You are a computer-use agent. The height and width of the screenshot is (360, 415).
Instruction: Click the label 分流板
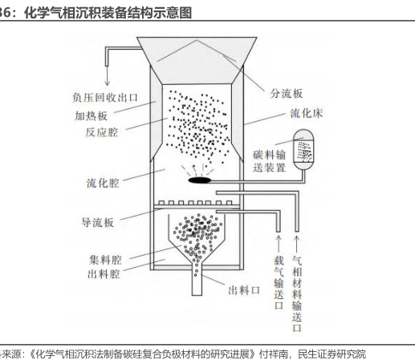tap(286, 94)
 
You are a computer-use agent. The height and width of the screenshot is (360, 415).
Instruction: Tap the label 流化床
tap(307, 113)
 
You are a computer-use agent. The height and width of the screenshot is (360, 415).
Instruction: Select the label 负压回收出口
tap(105, 97)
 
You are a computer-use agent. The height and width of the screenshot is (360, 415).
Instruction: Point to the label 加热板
tap(91, 116)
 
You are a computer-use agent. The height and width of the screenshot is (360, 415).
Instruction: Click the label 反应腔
tap(102, 132)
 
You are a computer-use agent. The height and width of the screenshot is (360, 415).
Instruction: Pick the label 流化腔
tap(103, 183)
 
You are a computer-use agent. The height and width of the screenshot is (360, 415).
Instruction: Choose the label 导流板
tap(98, 222)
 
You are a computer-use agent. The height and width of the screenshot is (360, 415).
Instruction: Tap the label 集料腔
tap(105, 260)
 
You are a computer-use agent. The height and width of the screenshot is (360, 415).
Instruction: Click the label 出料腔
tap(104, 274)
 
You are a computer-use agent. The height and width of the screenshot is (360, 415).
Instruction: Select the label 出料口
tap(244, 290)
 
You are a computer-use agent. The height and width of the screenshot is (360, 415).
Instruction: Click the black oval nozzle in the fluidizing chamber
tap(200, 180)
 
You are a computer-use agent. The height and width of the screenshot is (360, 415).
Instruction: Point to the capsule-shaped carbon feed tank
tap(303, 149)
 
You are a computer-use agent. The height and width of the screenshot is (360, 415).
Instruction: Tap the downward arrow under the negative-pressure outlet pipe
tap(108, 75)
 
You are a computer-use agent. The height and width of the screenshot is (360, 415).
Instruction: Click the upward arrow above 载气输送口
tap(279, 244)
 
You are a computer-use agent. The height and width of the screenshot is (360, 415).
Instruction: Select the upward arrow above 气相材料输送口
tap(297, 244)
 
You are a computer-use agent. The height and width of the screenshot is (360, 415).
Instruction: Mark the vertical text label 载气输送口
tap(279, 282)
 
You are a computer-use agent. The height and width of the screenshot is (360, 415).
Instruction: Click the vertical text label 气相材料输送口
tap(297, 293)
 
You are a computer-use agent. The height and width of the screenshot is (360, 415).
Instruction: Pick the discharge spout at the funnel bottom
tap(197, 279)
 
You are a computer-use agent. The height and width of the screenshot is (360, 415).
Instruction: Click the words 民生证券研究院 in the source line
tap(332, 354)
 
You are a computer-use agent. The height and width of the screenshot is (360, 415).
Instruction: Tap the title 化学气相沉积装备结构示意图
tap(108, 13)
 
